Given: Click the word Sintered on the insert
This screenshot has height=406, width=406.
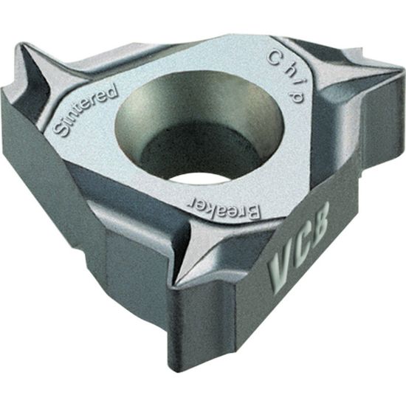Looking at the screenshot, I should click(x=86, y=110).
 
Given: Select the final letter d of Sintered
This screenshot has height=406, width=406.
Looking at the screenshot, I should click(x=112, y=91).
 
